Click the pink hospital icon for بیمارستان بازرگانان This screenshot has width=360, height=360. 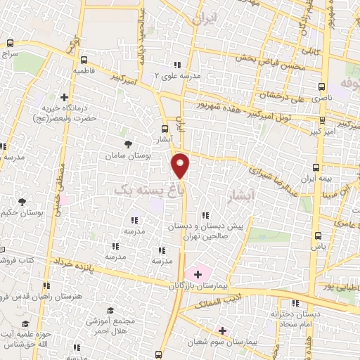pyautogui.click(x=198, y=273)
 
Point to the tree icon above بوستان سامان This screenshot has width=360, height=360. pyautogui.click(x=127, y=143)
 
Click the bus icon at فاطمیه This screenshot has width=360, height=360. pyautogui.click(x=84, y=60)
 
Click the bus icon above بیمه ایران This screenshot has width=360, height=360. pyautogui.click(x=315, y=168)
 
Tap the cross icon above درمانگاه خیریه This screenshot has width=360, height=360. pyautogui.click(x=65, y=97)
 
